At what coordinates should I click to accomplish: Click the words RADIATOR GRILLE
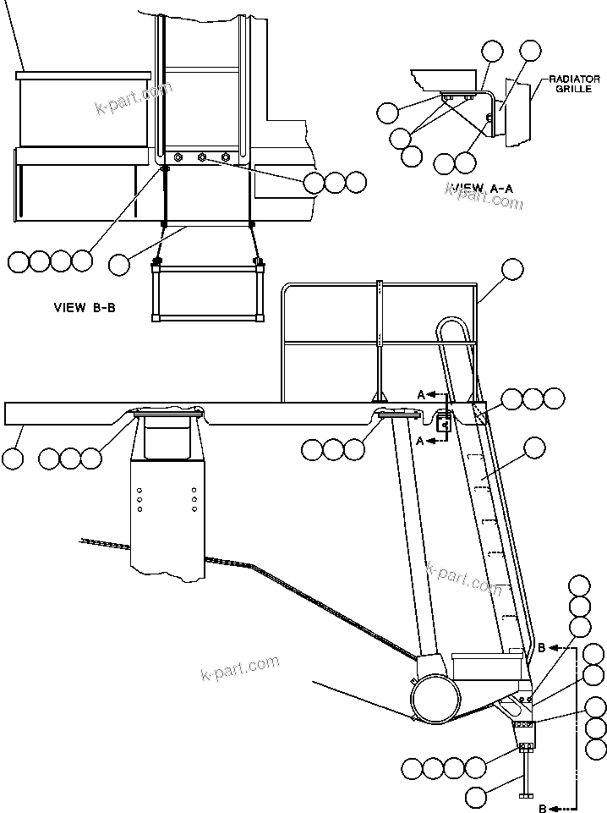(574, 84)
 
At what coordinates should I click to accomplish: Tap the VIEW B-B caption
(84, 308)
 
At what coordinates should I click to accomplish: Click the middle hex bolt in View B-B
(201, 157)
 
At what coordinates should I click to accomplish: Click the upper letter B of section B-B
(542, 648)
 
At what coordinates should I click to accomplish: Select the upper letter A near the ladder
(421, 394)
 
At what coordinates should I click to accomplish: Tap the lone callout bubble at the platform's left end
(13, 459)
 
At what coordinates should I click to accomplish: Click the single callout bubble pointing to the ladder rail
(534, 448)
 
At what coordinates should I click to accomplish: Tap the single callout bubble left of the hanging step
(119, 264)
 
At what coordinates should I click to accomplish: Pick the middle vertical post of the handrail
(380, 338)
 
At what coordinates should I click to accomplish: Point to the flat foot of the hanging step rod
(528, 794)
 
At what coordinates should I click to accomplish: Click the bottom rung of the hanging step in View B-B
(205, 319)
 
